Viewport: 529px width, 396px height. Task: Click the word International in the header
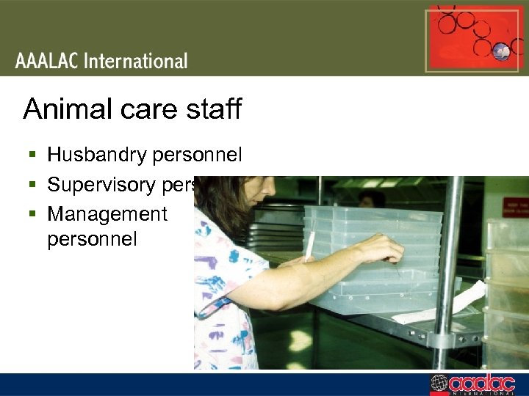[136, 62]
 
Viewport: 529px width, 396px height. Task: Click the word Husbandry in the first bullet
[95, 155]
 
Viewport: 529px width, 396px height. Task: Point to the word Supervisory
[98, 185]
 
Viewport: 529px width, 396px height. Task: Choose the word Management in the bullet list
[107, 214]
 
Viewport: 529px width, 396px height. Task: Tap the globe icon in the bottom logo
[439, 384]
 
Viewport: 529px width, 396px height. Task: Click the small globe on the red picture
[502, 51]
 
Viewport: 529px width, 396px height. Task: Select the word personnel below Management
[92, 240]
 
